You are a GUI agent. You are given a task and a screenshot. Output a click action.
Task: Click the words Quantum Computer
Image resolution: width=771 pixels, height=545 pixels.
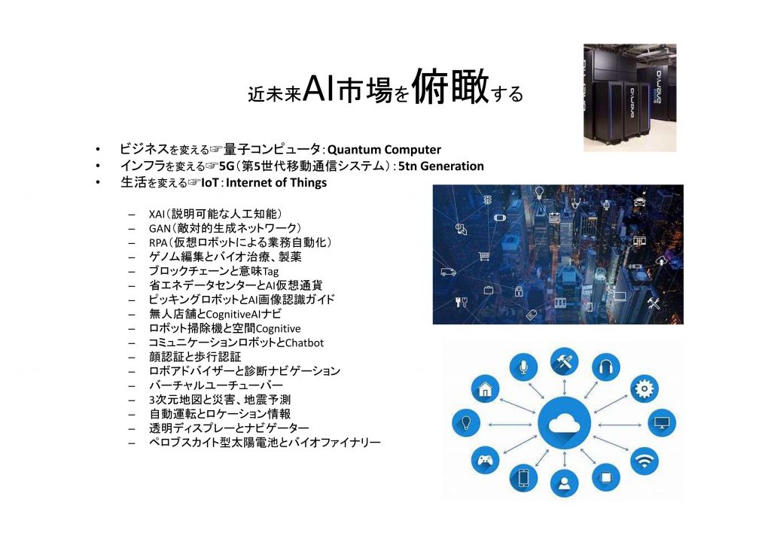pyautogui.click(x=384, y=149)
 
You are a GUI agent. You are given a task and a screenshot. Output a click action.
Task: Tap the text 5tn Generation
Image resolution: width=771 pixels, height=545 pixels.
pyautogui.click(x=441, y=166)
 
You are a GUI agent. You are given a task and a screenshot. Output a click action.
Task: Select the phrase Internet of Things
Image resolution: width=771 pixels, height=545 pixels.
pyautogui.click(x=276, y=183)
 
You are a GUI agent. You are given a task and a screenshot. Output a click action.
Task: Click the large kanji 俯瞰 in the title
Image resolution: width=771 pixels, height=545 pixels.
pyautogui.click(x=450, y=87)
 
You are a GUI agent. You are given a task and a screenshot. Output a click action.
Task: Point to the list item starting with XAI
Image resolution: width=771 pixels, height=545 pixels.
pyautogui.click(x=215, y=215)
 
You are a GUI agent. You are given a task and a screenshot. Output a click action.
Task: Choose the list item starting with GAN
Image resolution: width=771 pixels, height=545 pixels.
pyautogui.click(x=224, y=229)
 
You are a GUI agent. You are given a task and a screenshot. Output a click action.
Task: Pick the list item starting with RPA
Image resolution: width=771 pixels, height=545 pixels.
pyautogui.click(x=240, y=243)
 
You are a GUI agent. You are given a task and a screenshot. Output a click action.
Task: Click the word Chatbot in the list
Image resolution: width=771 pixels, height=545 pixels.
pyautogui.click(x=304, y=343)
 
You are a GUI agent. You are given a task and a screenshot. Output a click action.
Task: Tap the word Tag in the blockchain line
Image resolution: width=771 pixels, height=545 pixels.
pyautogui.click(x=271, y=272)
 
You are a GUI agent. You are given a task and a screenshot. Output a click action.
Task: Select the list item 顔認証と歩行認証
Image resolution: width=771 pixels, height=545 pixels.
pyautogui.click(x=195, y=357)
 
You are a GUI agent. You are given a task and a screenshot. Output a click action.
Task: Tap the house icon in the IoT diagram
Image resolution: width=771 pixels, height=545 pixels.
pyautogui.click(x=486, y=388)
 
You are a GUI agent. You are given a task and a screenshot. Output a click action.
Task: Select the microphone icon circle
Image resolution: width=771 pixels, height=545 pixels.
pyautogui.click(x=523, y=367)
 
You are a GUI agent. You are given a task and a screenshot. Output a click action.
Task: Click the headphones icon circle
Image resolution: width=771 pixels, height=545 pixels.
pyautogui.click(x=606, y=367)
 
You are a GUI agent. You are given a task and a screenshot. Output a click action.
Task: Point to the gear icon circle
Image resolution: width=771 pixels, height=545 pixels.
pyautogui.click(x=645, y=388)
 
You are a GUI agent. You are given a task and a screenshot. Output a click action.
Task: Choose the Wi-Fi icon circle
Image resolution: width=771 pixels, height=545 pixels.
pyautogui.click(x=645, y=461)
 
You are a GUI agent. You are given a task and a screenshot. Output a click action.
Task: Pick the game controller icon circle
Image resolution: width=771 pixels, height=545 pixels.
pyautogui.click(x=486, y=461)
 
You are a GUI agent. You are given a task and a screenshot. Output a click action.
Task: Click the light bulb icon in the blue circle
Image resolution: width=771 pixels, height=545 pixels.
pyautogui.click(x=465, y=422)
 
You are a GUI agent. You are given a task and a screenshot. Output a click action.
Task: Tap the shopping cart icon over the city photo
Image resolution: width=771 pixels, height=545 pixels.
pyautogui.click(x=484, y=256)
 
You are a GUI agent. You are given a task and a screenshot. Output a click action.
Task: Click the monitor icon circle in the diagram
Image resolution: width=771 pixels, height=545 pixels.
pyautogui.click(x=662, y=422)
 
